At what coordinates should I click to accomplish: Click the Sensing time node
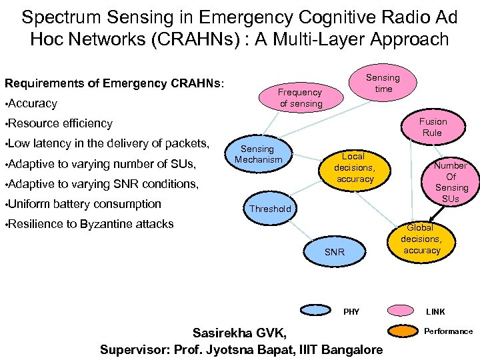coord(383,83)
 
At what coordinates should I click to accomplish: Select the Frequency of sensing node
coord(300,98)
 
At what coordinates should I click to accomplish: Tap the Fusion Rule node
coord(433,127)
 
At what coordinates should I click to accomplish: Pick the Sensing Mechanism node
coord(257,154)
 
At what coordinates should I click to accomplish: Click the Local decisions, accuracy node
coord(354,167)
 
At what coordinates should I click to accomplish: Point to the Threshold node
coord(270,209)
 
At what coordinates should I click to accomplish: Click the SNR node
coord(334,252)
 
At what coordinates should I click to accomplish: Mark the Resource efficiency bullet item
coord(60,123)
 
